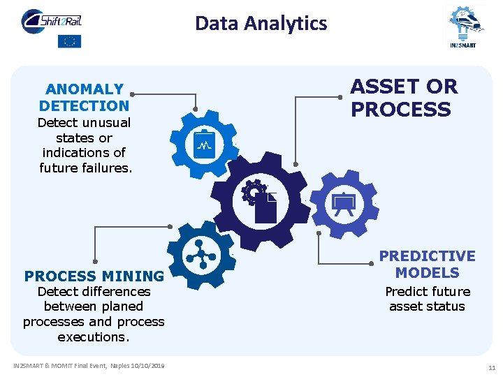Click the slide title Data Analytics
261,24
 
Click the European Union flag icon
69,41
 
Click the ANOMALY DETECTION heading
85,98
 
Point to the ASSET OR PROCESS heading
403,98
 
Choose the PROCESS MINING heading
94,276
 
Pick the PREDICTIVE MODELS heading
427,265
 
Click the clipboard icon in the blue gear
205,145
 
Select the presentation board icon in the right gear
344,203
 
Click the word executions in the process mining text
94,337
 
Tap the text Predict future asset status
427,299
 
